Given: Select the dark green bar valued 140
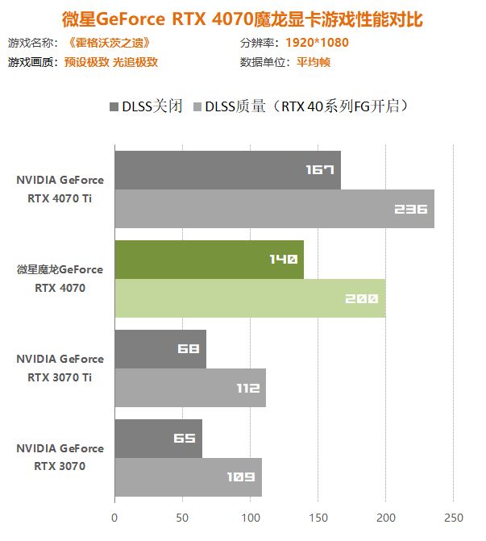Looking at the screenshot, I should coord(209,259).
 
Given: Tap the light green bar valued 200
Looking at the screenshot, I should coord(250,298).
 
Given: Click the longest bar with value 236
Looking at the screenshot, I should coord(274,209).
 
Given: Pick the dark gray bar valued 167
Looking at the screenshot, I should coord(227,169).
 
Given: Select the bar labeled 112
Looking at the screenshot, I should coord(189,388).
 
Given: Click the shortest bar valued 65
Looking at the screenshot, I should coord(158,438).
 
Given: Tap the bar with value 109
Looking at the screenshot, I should coord(188,477).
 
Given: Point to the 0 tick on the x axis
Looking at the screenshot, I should coord(114,517).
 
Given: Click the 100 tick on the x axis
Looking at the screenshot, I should coord(250,517).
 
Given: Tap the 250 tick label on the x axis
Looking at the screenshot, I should coord(454,517).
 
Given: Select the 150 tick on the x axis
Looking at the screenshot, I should coord(318,517).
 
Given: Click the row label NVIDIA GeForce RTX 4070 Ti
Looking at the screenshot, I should coord(60,189).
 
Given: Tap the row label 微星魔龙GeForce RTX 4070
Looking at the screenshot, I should coord(60,278).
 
